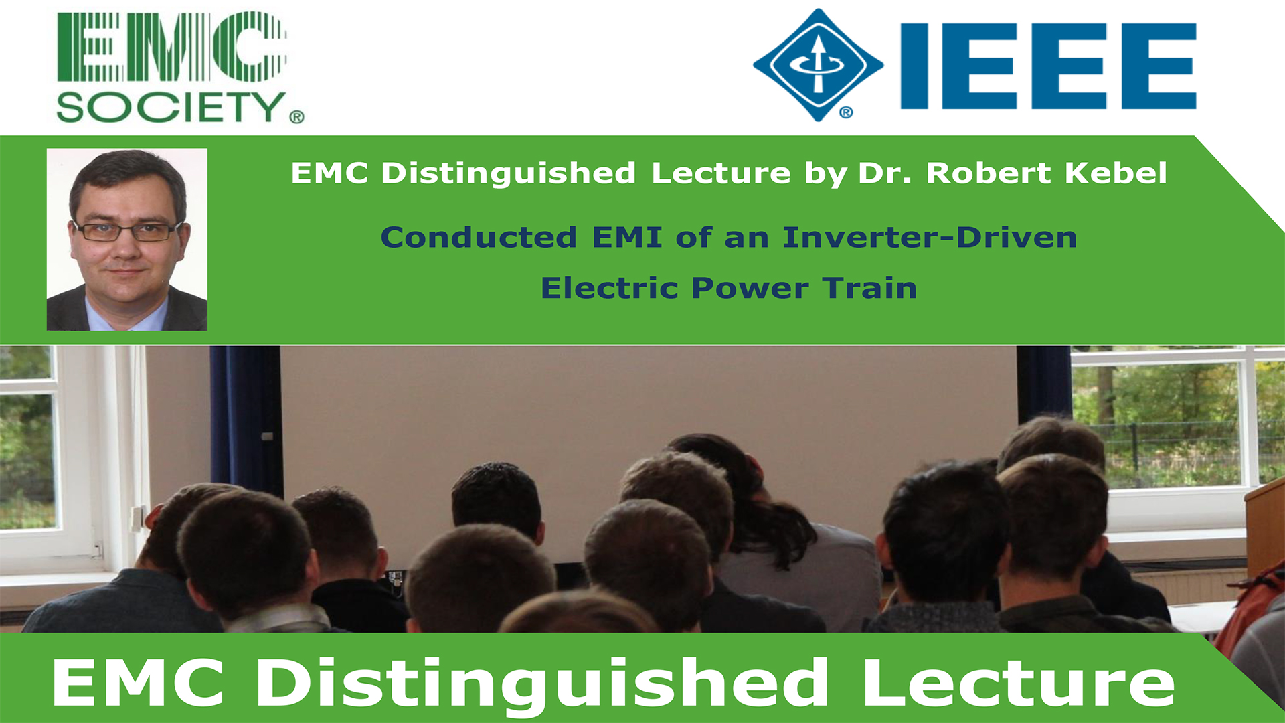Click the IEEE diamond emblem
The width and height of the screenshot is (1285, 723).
click(818, 65)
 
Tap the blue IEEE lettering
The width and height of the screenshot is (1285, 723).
click(1048, 66)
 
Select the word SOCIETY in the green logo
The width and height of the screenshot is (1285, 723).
click(171, 107)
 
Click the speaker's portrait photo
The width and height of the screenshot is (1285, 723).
click(127, 239)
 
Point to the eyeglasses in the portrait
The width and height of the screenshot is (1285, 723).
click(127, 231)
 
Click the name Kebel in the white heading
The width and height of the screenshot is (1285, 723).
click(1116, 173)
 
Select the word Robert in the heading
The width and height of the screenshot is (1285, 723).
click(989, 173)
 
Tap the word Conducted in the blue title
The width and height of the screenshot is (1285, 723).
click(479, 237)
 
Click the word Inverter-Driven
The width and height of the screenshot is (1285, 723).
click(930, 237)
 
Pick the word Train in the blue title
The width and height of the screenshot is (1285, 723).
click(870, 288)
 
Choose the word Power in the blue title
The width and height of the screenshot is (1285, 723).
click(750, 288)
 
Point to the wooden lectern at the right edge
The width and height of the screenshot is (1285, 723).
click(1265, 529)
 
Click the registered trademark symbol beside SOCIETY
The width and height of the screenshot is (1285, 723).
click(296, 117)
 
